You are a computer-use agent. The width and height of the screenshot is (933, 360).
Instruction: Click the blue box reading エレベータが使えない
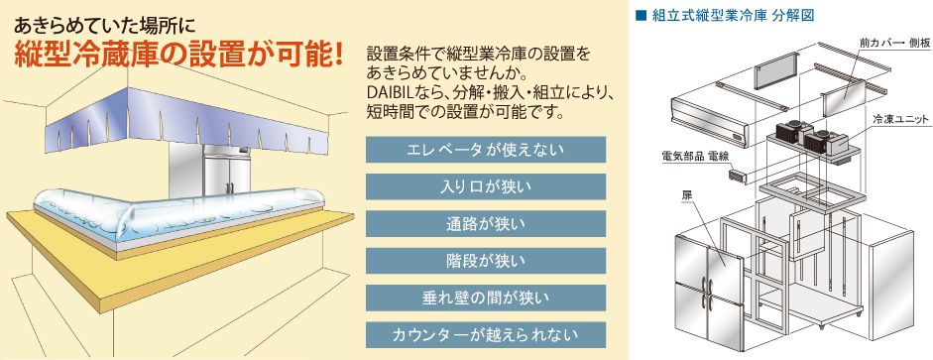(x=486, y=150)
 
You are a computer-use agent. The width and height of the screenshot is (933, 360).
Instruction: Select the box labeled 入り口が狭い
(x=486, y=186)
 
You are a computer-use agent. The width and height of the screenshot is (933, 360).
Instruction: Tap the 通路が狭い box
(x=486, y=223)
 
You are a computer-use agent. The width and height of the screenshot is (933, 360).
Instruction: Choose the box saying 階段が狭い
(x=486, y=260)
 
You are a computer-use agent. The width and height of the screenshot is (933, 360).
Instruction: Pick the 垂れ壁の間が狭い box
(x=486, y=297)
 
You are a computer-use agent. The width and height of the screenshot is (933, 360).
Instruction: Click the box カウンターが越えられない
(x=486, y=333)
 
